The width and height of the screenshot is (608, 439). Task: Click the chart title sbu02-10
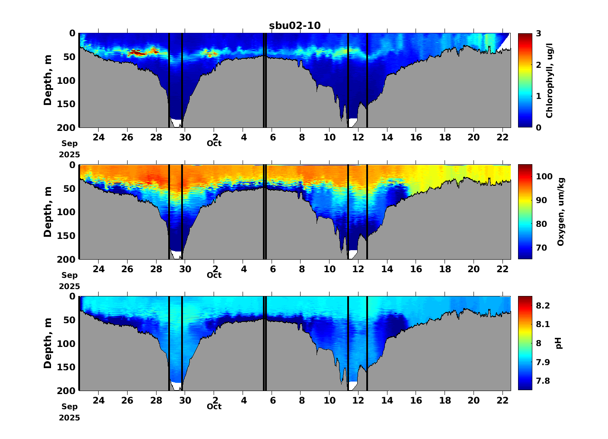tap(295, 25)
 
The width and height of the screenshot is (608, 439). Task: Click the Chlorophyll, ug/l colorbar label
tap(550, 80)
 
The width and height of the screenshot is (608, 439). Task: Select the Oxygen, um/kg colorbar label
tap(561, 212)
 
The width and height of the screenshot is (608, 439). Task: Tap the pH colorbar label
tap(559, 344)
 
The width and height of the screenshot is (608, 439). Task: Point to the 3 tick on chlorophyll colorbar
tap(538, 33)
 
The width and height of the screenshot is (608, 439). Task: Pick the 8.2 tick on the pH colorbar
tap(543, 305)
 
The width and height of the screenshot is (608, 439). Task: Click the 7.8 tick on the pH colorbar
tap(543, 381)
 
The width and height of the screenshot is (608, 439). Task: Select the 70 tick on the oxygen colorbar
tap(541, 248)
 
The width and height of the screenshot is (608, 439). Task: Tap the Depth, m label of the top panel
tap(48, 80)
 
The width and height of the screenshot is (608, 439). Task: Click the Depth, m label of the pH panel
tap(48, 344)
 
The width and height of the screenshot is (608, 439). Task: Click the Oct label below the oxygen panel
tap(214, 275)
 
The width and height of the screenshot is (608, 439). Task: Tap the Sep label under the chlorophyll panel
tap(70, 143)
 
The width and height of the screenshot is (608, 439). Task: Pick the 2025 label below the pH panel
tap(70, 418)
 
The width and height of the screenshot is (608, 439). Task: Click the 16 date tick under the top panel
tap(416, 137)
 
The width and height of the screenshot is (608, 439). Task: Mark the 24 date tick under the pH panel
tap(99, 400)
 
